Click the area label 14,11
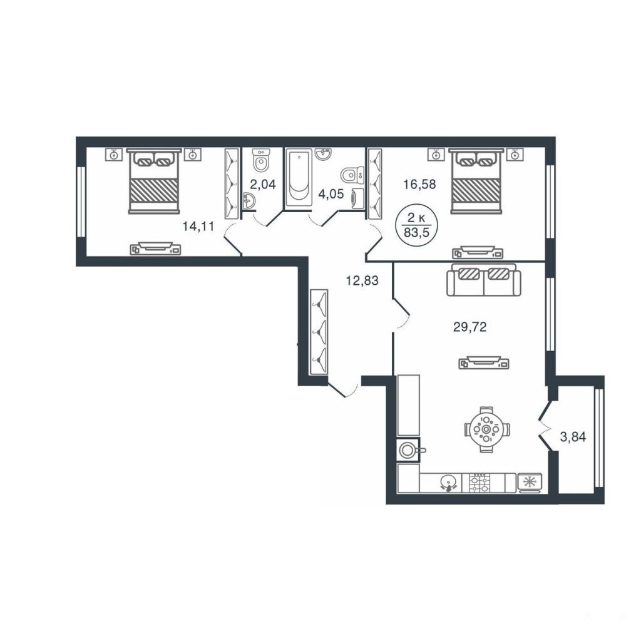[x=198, y=226]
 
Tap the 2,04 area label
[x=263, y=185]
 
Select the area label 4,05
[x=331, y=193]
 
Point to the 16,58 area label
[x=419, y=185]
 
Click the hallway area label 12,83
[x=362, y=281]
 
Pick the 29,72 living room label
[x=470, y=327]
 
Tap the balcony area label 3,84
[x=573, y=437]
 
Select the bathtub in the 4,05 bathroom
[x=299, y=177]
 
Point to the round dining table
[x=486, y=429]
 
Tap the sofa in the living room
[x=484, y=279]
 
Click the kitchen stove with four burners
[x=479, y=483]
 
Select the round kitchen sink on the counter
[x=448, y=483]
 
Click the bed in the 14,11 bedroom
[x=154, y=181]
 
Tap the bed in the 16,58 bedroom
[x=476, y=181]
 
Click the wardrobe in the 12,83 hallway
[x=319, y=332]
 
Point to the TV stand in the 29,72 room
[x=485, y=362]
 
